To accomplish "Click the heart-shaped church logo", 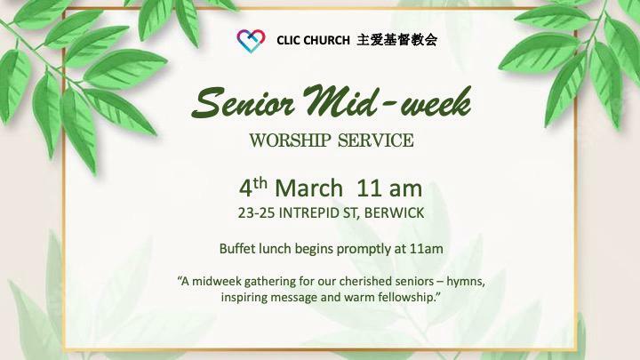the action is coord(251,41).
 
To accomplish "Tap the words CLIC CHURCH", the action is coord(313,40).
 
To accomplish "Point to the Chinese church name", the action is coord(397,40).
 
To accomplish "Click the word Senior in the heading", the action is coord(244,102).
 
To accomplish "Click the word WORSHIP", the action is coord(290,140).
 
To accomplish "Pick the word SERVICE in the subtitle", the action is coord(376,140).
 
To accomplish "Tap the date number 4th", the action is coord(253,188).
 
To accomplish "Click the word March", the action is coord(309,188).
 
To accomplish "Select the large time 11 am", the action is coord(389,188).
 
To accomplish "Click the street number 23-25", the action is coord(256,213).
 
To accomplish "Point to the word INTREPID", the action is coord(308,213).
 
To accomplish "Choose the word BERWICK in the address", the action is coord(394,213).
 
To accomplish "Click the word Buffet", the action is coord(235,249).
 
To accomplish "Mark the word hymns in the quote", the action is coord(466,282).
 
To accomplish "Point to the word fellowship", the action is coord(405,297).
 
